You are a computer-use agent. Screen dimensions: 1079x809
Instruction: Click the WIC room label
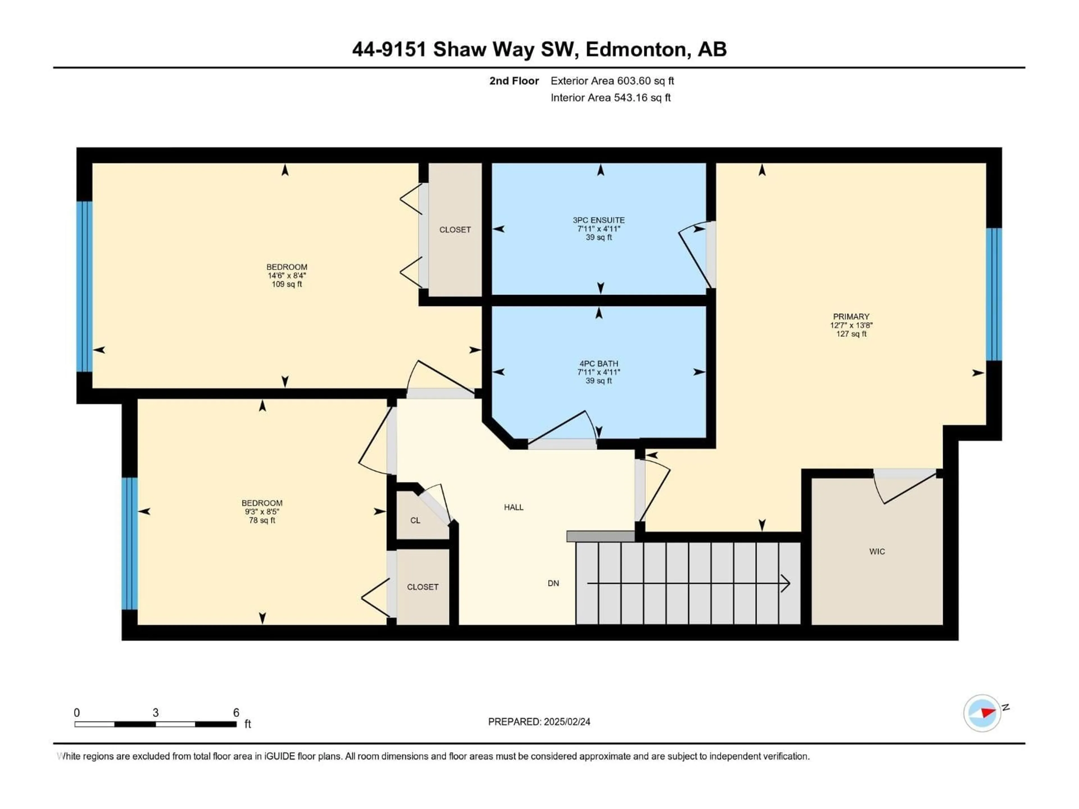877,551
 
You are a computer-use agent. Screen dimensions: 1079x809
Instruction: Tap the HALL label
514,507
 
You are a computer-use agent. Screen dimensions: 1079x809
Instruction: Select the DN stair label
553,583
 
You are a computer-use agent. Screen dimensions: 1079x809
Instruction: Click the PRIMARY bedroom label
851,317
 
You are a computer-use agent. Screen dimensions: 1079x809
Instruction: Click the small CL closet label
415,520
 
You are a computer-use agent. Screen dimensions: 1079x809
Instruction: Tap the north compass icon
982,713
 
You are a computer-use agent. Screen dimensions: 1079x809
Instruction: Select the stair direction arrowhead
785,583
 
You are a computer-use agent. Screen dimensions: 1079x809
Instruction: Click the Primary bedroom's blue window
994,295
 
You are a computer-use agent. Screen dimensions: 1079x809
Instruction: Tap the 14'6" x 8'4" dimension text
287,276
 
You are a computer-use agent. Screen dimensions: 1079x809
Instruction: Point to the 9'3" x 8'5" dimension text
262,512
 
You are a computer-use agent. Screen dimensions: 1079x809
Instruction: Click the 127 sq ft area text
851,334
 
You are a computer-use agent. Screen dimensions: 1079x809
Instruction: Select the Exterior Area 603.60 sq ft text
612,81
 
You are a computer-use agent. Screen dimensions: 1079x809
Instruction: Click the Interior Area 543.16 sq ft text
611,97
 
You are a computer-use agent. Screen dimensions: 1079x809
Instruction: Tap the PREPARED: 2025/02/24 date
539,722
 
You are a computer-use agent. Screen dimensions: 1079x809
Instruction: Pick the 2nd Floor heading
514,81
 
